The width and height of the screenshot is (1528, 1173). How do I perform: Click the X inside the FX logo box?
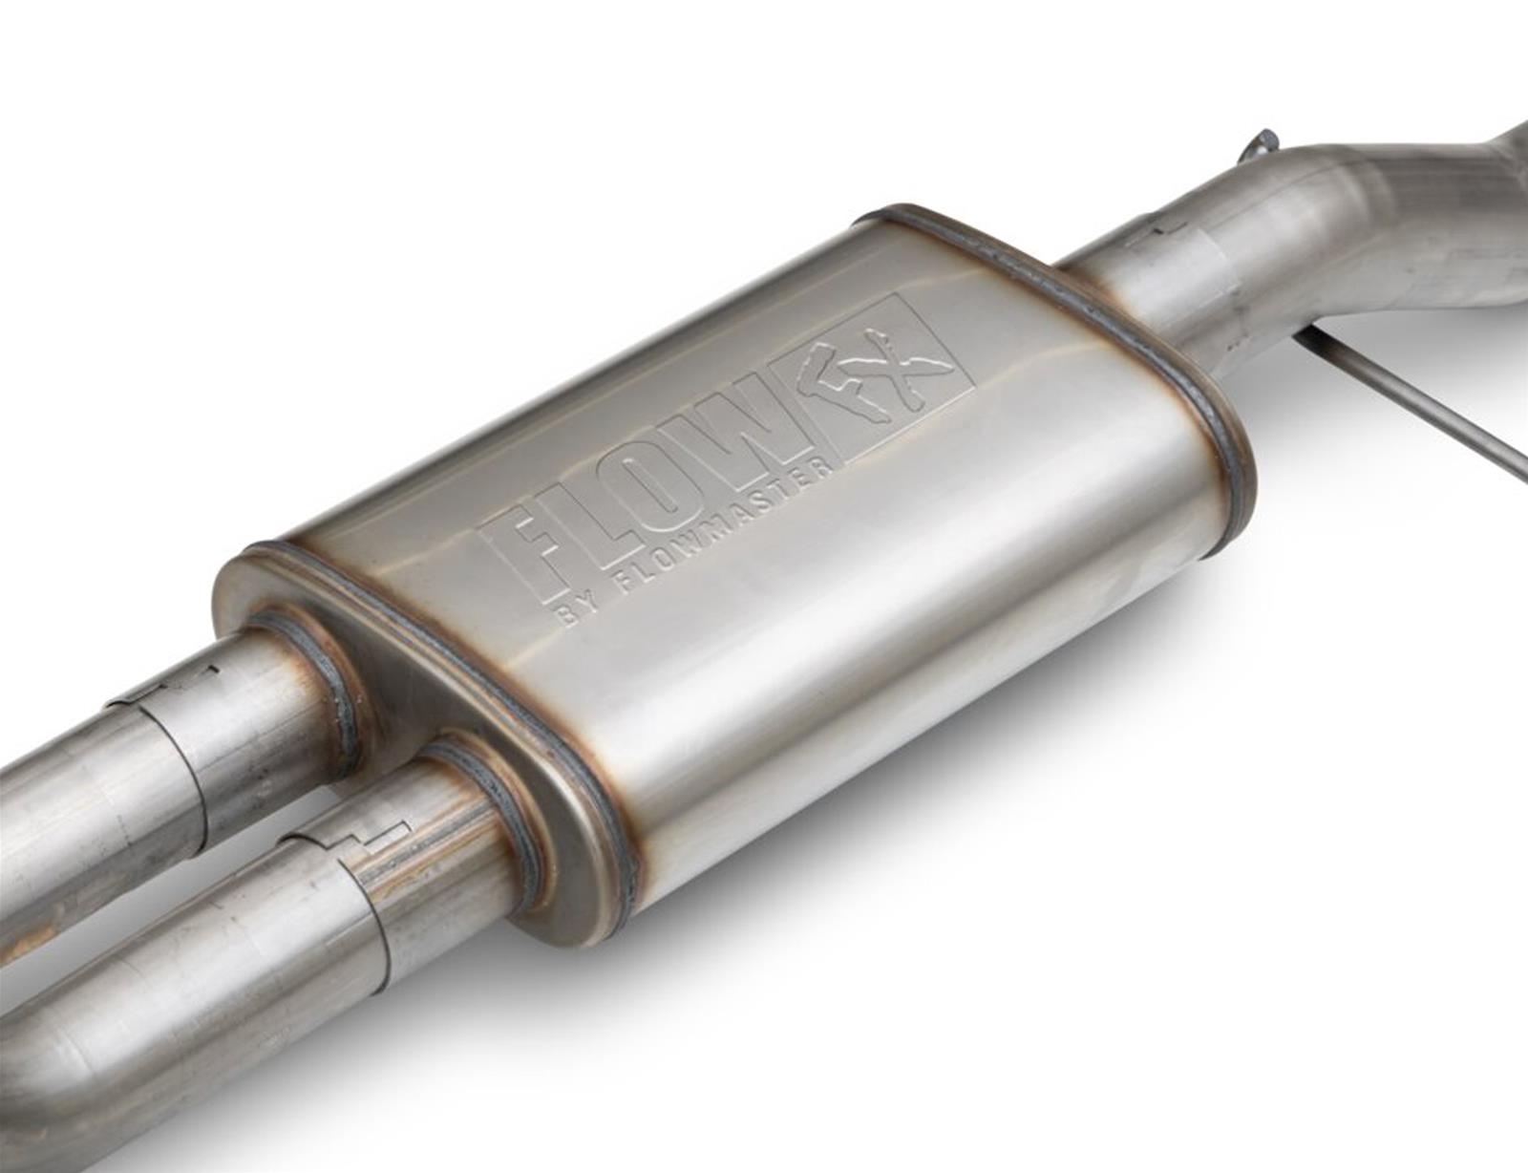(x=922, y=373)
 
